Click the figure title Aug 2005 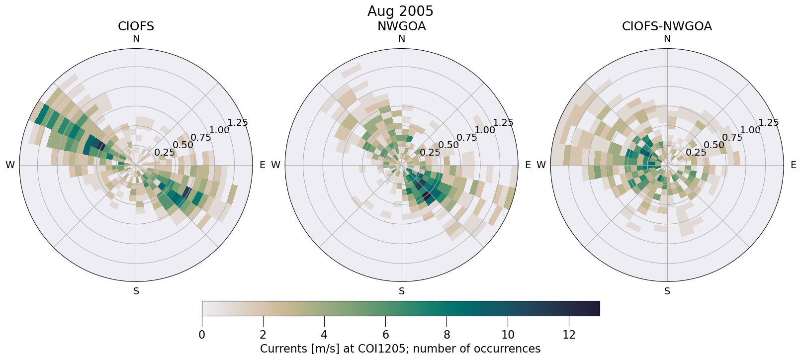point(400,11)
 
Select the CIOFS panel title point(136,26)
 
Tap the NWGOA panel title point(401,26)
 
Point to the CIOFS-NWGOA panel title point(667,26)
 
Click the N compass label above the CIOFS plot point(136,39)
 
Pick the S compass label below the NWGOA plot point(402,291)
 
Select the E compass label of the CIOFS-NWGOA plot point(794,165)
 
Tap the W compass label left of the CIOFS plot point(10,165)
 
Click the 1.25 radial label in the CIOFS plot point(237,123)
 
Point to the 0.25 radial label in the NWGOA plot point(430,152)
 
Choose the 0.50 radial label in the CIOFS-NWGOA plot point(714,145)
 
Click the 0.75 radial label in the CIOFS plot point(201,138)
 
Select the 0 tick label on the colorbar point(202,335)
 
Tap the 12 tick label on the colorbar point(569,335)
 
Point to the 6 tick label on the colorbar point(385,335)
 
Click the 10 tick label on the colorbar point(508,335)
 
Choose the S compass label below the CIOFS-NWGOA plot point(667,291)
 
